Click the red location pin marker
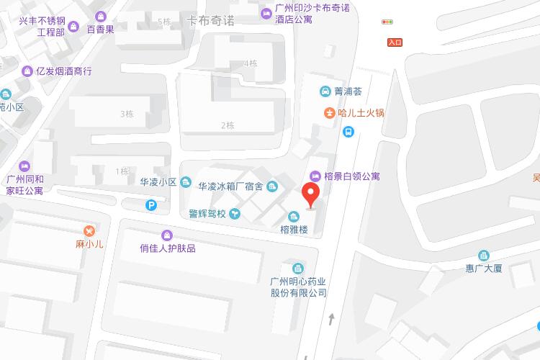click(310, 194)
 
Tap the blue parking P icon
click(151, 205)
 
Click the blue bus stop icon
click(348, 132)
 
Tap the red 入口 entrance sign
click(394, 42)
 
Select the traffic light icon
click(389, 22)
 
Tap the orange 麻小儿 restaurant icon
click(89, 230)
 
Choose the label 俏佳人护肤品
click(168, 248)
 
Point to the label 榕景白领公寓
click(352, 176)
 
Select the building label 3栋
click(127, 114)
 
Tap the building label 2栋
click(228, 125)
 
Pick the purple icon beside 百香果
click(99, 16)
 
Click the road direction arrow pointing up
click(331, 318)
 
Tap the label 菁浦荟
click(348, 91)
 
